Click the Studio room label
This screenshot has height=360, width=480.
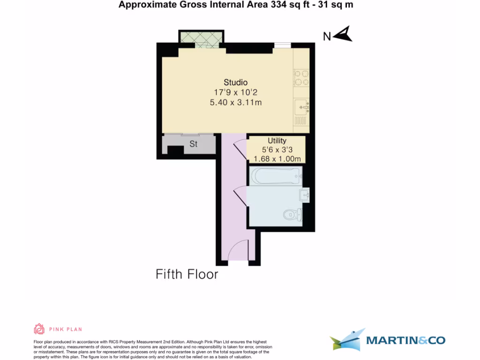click(235, 82)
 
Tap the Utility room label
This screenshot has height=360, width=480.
click(277, 141)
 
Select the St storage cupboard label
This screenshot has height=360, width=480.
click(193, 144)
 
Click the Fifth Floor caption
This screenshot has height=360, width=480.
click(187, 274)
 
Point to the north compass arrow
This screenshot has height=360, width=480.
click(344, 34)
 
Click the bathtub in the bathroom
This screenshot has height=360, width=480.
click(275, 177)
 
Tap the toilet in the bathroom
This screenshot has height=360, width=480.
click(293, 215)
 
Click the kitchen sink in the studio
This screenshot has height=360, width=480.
click(301, 107)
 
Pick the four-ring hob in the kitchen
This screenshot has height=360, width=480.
click(301, 78)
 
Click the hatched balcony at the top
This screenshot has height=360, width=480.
click(201, 37)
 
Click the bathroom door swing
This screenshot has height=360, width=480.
click(239, 196)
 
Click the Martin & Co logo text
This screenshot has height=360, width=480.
click(405, 340)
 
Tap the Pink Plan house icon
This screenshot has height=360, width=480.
click(39, 329)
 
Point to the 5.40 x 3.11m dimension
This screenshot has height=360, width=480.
click(235, 102)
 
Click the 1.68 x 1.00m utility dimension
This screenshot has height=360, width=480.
click(277, 158)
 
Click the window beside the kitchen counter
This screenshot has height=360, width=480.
click(282, 45)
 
